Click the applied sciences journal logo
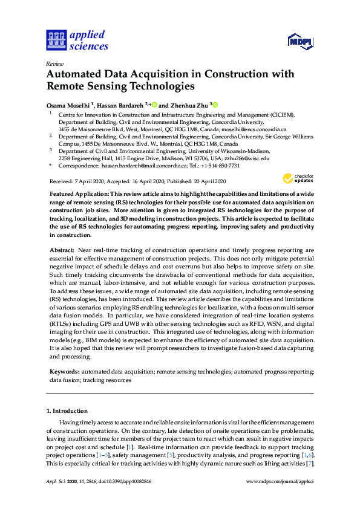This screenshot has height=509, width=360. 77,40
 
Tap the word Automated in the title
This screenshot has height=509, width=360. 77,74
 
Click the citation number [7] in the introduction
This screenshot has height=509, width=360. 310,464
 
